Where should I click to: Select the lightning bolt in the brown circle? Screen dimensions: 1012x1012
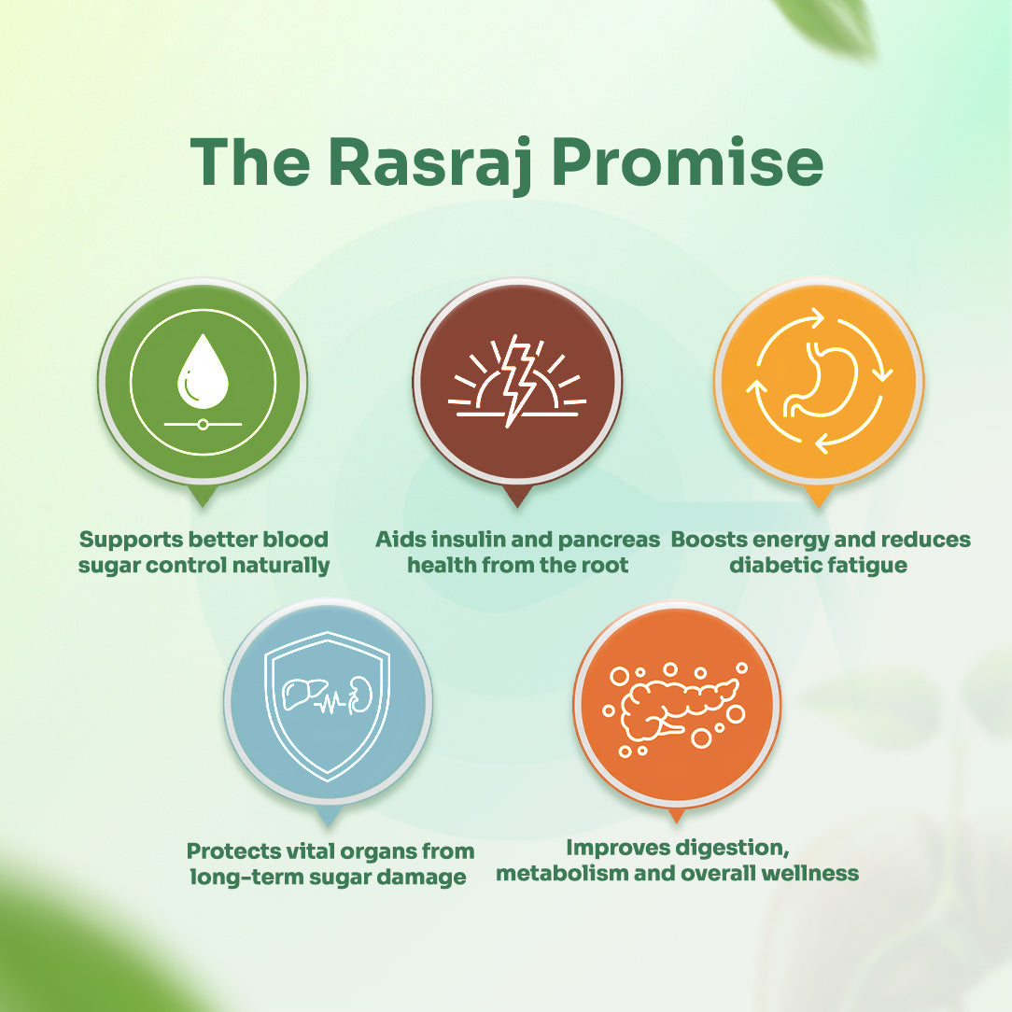pyautogui.click(x=520, y=380)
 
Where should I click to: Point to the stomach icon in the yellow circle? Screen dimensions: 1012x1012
pyautogui.click(x=821, y=381)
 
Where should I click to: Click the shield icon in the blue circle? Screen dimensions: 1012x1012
pyautogui.click(x=328, y=707)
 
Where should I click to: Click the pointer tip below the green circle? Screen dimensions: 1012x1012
pyautogui.click(x=202, y=507)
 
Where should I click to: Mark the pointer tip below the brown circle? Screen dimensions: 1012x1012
pyautogui.click(x=517, y=507)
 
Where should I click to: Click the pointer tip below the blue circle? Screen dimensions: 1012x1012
pyautogui.click(x=328, y=826)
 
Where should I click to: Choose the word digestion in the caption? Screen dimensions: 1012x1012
pyautogui.click(x=731, y=848)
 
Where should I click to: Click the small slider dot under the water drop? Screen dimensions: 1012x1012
pyautogui.click(x=203, y=424)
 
